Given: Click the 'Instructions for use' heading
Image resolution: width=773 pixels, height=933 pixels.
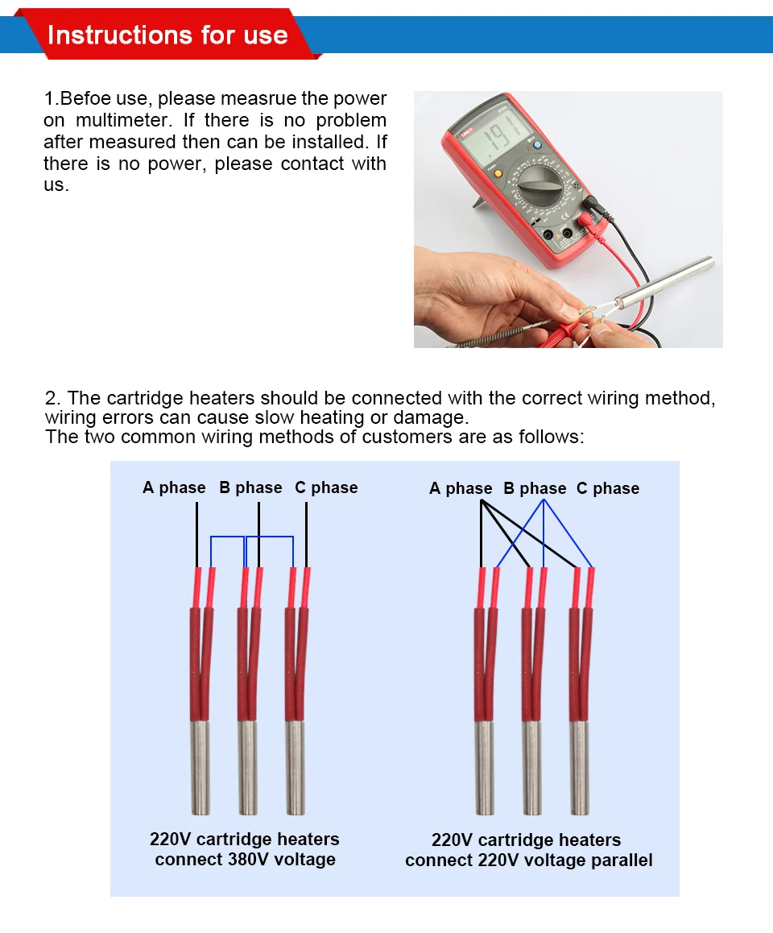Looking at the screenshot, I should tap(167, 35).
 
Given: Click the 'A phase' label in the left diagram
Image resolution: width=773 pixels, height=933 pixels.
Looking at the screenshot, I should tap(174, 487).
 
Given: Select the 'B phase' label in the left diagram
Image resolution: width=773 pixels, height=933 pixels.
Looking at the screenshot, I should tap(250, 487).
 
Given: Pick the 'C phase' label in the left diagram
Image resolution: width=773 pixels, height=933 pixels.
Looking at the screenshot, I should tap(326, 487).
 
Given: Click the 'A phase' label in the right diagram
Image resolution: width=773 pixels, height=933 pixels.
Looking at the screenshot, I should tap(461, 488).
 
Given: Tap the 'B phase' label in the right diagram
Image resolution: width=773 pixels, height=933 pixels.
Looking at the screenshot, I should tap(535, 488).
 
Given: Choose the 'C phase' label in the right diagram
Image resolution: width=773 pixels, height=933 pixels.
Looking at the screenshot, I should tap(608, 488).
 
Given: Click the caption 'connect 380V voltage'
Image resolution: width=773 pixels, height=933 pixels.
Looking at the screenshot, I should tap(245, 860).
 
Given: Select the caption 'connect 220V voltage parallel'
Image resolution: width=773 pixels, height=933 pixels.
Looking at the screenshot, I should tap(528, 860).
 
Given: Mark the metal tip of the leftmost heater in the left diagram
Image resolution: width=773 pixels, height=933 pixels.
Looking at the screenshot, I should tap(200, 765).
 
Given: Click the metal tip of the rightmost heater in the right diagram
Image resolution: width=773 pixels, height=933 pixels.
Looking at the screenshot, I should tap(580, 765).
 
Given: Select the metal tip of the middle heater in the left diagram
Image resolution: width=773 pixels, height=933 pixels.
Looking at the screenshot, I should tap(247, 765).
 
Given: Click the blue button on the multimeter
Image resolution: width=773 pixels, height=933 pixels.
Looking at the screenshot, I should tap(537, 146).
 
